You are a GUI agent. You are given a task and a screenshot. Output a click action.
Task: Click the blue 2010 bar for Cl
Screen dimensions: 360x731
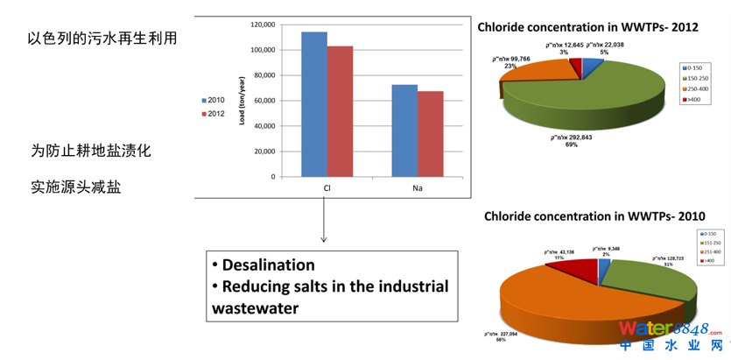click(313, 104)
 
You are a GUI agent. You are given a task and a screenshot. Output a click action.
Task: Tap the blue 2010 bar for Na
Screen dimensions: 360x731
click(404, 131)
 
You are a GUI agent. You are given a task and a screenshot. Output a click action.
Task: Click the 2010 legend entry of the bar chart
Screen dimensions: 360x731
click(212, 101)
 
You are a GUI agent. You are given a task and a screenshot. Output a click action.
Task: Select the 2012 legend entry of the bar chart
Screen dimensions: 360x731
click(212, 114)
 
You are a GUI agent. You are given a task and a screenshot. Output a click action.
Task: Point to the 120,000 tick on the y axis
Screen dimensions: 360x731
click(262, 25)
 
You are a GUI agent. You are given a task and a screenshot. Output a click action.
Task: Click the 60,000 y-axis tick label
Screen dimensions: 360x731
click(264, 101)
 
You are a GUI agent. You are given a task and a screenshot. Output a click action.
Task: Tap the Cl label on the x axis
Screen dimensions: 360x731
click(327, 186)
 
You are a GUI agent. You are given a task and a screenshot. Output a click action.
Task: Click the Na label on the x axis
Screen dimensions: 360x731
click(417, 186)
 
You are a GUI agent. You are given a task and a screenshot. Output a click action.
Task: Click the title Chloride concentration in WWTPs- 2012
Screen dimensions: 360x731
click(587, 27)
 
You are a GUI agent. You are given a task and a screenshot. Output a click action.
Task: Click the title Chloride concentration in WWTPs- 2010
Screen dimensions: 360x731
click(594, 216)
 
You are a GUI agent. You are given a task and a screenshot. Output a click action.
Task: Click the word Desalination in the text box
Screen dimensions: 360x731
click(268, 265)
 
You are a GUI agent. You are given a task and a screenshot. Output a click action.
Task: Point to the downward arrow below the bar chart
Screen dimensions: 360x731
click(324, 223)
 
